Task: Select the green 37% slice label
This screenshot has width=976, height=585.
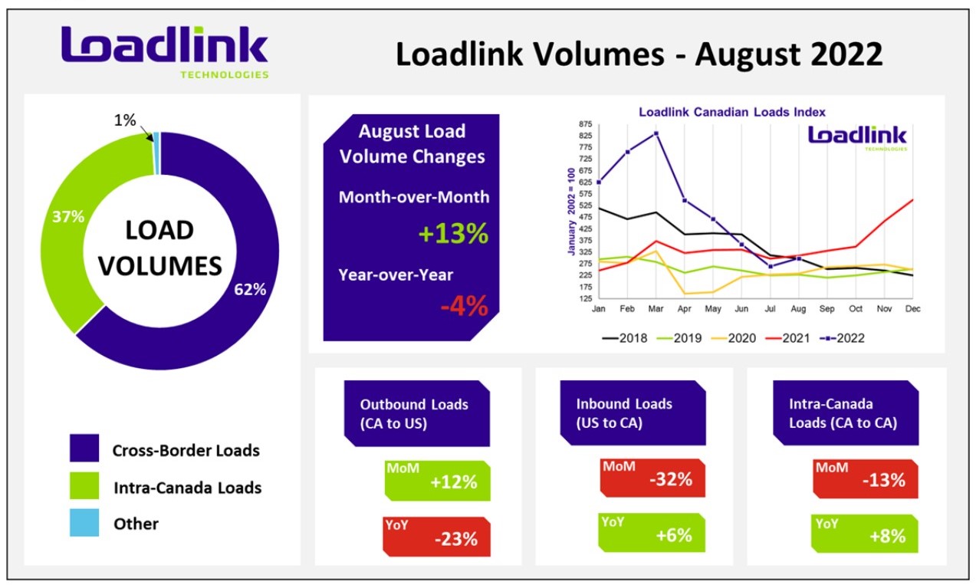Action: pos(68,217)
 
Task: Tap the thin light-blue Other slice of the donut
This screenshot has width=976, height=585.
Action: pos(156,142)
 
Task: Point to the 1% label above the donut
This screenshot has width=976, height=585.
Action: pos(124,120)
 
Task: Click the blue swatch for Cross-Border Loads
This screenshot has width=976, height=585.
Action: pos(84,449)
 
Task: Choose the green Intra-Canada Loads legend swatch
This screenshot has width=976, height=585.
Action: pos(84,487)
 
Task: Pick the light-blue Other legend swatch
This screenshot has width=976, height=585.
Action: pos(84,524)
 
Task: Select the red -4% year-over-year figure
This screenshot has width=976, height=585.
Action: pos(464,307)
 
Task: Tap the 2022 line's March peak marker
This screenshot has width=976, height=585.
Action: pos(656,133)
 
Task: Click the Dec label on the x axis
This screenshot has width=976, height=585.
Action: pos(912,309)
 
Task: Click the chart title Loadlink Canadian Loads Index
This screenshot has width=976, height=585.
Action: pos(732,112)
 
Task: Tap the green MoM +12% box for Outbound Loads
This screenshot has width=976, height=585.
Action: pos(437,481)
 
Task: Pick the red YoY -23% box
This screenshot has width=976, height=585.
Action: pos(437,537)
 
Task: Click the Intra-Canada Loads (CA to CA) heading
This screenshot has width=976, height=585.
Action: pos(843,412)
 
